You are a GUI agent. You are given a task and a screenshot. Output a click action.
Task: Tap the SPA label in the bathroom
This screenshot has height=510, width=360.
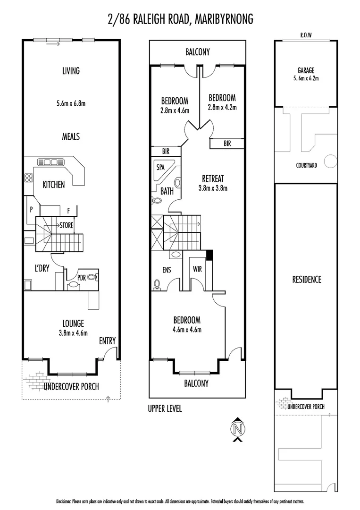tap(160, 167)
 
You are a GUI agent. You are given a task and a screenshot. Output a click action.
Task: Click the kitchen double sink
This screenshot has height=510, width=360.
tap(50, 162)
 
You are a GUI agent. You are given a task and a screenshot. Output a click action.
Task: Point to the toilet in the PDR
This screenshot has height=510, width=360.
tap(92, 277)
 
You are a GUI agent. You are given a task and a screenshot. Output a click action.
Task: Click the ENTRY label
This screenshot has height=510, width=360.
tap(107, 341)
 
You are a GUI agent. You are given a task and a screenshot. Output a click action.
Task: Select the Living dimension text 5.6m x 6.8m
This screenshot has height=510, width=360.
tap(71, 103)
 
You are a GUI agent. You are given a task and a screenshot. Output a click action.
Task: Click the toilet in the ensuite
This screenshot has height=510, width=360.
tap(157, 284)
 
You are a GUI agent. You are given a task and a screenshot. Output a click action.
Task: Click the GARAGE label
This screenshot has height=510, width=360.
tap(306, 70)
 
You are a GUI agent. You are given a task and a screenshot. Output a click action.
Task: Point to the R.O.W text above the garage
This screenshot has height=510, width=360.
tap(306, 35)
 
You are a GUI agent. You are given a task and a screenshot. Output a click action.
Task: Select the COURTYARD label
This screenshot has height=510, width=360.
tap(306, 165)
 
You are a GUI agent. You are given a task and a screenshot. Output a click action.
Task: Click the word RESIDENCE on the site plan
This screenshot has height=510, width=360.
tap(306, 280)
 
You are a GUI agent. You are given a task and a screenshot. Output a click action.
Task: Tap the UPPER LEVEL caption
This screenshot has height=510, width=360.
tap(165, 408)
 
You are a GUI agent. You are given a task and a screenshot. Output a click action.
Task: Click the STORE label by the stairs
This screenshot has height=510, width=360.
tap(66, 225)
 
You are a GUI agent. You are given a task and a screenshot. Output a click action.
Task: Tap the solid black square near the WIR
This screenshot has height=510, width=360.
tap(209, 255)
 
